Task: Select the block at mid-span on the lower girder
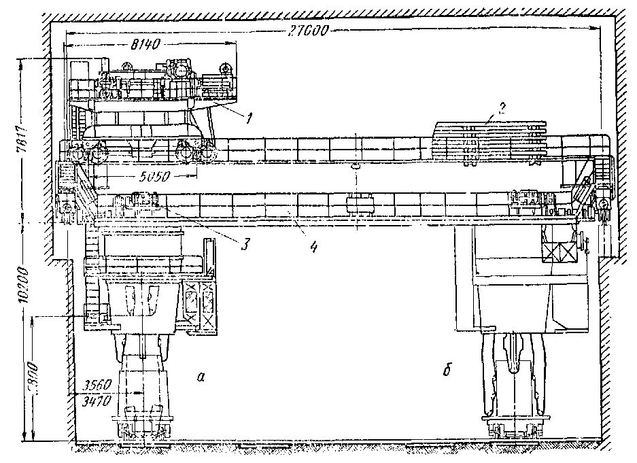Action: [357, 203]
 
